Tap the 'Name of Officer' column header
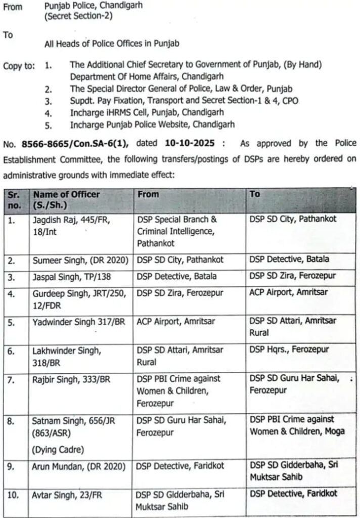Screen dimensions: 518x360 pyautogui.click(x=66, y=194)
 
